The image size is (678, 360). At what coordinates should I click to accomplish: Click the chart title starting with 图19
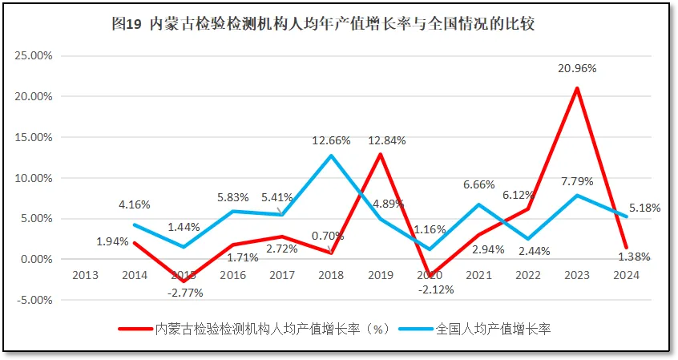(x=323, y=24)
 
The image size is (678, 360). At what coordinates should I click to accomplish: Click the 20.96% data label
(x=577, y=69)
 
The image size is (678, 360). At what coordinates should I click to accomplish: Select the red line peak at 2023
(x=577, y=88)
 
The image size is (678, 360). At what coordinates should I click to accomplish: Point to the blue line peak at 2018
(x=331, y=156)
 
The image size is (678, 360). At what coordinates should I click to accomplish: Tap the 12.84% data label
(x=387, y=140)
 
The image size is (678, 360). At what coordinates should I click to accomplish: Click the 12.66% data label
(x=331, y=140)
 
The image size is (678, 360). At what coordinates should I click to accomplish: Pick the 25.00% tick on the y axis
(x=33, y=55)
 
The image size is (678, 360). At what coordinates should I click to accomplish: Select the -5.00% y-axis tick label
(x=33, y=300)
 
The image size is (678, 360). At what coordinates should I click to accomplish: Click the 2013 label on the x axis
(x=85, y=275)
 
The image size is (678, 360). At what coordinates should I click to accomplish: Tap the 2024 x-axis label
(x=627, y=275)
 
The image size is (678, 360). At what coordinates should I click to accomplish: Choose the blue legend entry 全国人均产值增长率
(x=481, y=329)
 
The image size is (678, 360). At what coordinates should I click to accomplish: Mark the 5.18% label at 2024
(x=644, y=208)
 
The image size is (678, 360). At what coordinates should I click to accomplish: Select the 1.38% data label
(x=634, y=257)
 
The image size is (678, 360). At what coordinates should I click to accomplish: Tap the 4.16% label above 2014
(x=135, y=205)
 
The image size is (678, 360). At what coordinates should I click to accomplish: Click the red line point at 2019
(x=381, y=154)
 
